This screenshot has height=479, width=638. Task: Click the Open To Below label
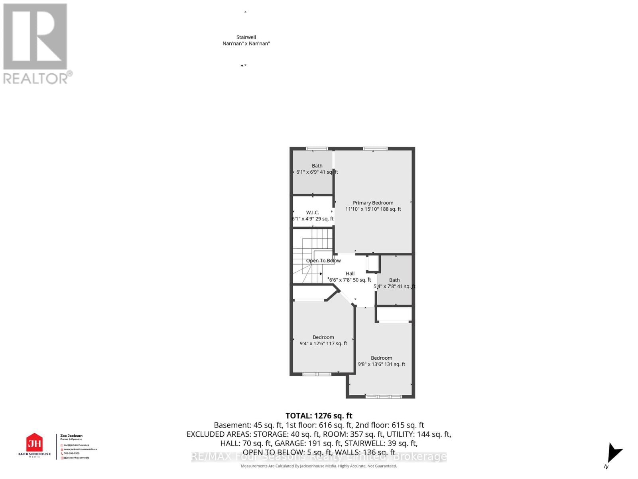click(x=323, y=261)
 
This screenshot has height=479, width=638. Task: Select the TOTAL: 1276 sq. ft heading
click(x=319, y=416)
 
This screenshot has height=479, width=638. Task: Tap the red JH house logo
click(x=34, y=443)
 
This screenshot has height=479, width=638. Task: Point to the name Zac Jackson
click(x=71, y=436)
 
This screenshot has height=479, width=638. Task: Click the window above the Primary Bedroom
click(x=375, y=149)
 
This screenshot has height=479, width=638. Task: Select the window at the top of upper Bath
click(x=317, y=149)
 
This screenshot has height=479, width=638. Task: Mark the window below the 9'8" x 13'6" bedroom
click(x=384, y=397)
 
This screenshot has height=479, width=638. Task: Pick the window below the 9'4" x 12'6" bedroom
click(x=317, y=374)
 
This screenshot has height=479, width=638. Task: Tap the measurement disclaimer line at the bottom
click(x=319, y=466)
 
